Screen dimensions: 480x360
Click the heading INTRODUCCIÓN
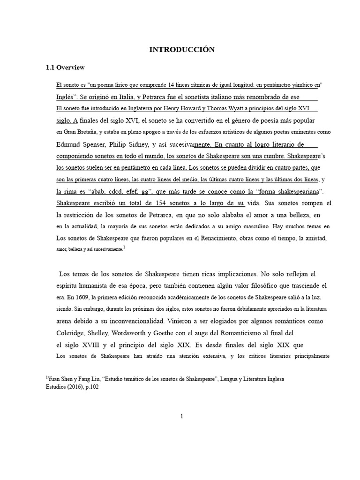click(181, 50)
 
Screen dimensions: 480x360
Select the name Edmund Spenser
click(79, 144)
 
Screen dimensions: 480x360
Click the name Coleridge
click(72, 333)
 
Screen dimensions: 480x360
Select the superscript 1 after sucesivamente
click(124, 248)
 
